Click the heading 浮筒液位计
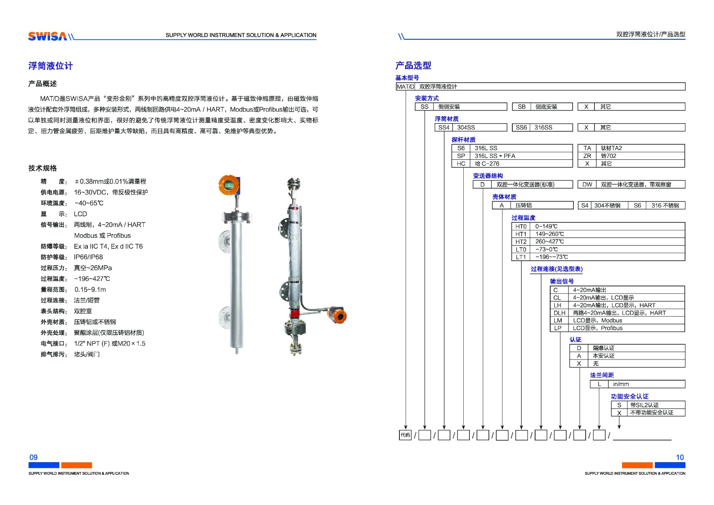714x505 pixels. (x=50, y=66)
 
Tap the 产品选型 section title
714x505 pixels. (x=413, y=66)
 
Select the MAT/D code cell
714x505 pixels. (x=406, y=87)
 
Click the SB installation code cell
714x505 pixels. (x=522, y=107)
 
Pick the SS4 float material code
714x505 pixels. (x=444, y=127)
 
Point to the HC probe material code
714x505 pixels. (x=461, y=164)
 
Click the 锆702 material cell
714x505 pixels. (x=609, y=156)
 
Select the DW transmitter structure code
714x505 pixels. (x=587, y=184)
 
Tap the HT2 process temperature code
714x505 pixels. (x=521, y=242)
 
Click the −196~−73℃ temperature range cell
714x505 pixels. (x=552, y=257)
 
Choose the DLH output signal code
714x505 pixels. (x=559, y=313)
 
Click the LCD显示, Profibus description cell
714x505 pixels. (x=598, y=328)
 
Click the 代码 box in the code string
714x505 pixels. (x=405, y=435)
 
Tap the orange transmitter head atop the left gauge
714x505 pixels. (x=229, y=184)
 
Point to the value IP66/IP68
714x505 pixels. (x=88, y=257)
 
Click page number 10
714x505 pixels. (x=680, y=457)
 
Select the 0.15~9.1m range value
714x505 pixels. (x=90, y=290)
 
